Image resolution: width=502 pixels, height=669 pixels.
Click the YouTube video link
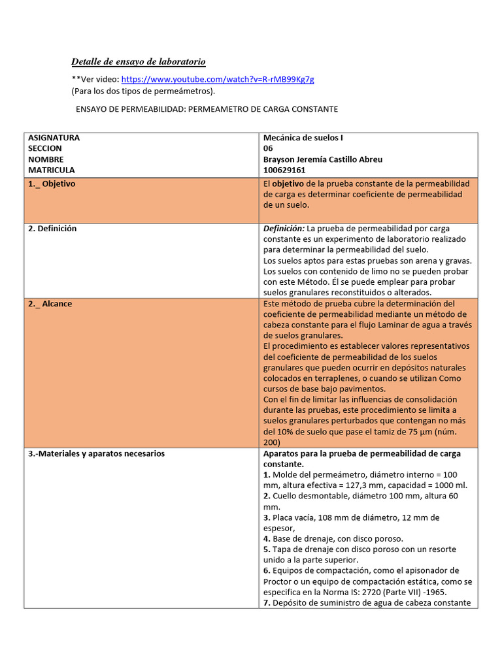[218, 80]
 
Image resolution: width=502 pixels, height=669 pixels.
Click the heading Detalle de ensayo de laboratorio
[138, 62]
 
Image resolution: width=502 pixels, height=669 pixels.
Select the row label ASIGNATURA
[54, 138]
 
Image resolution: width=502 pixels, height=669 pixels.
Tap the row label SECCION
[46, 148]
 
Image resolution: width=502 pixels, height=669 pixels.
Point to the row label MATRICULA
[52, 170]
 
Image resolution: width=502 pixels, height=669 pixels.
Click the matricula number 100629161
[284, 170]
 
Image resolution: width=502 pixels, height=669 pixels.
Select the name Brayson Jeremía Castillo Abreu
[323, 159]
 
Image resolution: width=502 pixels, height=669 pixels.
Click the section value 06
[268, 148]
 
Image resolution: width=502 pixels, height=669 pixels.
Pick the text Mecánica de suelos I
[303, 138]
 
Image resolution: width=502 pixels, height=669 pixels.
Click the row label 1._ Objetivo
[52, 184]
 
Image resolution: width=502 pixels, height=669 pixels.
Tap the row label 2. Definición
[52, 229]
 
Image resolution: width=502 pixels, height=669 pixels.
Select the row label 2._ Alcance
[50, 304]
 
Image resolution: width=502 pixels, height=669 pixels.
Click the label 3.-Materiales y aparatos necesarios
[96, 453]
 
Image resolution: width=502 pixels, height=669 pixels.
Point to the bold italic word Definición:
[284, 229]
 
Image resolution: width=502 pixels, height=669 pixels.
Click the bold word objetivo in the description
[288, 184]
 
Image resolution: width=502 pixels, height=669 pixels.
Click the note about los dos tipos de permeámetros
[143, 91]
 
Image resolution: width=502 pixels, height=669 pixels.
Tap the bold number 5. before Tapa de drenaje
[267, 549]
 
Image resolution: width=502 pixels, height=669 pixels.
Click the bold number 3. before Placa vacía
[267, 517]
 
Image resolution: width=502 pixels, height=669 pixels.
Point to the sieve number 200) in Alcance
[272, 442]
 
